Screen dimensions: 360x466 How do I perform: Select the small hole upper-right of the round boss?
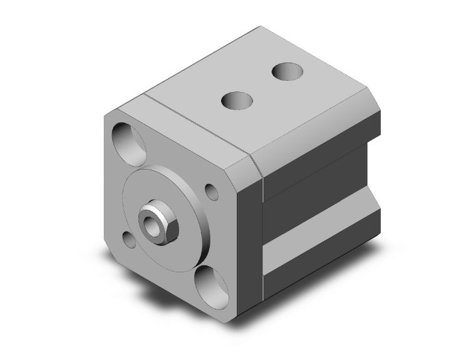pyautogui.click(x=212, y=191)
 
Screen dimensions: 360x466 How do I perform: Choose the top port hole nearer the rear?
pyautogui.click(x=288, y=73)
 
